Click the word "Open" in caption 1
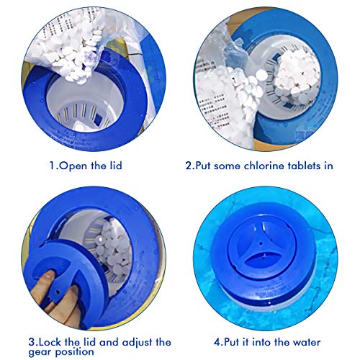73,166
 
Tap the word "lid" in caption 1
116,166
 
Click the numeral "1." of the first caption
54,166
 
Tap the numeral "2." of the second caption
190,166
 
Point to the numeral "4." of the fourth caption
219,342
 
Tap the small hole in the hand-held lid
57,292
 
